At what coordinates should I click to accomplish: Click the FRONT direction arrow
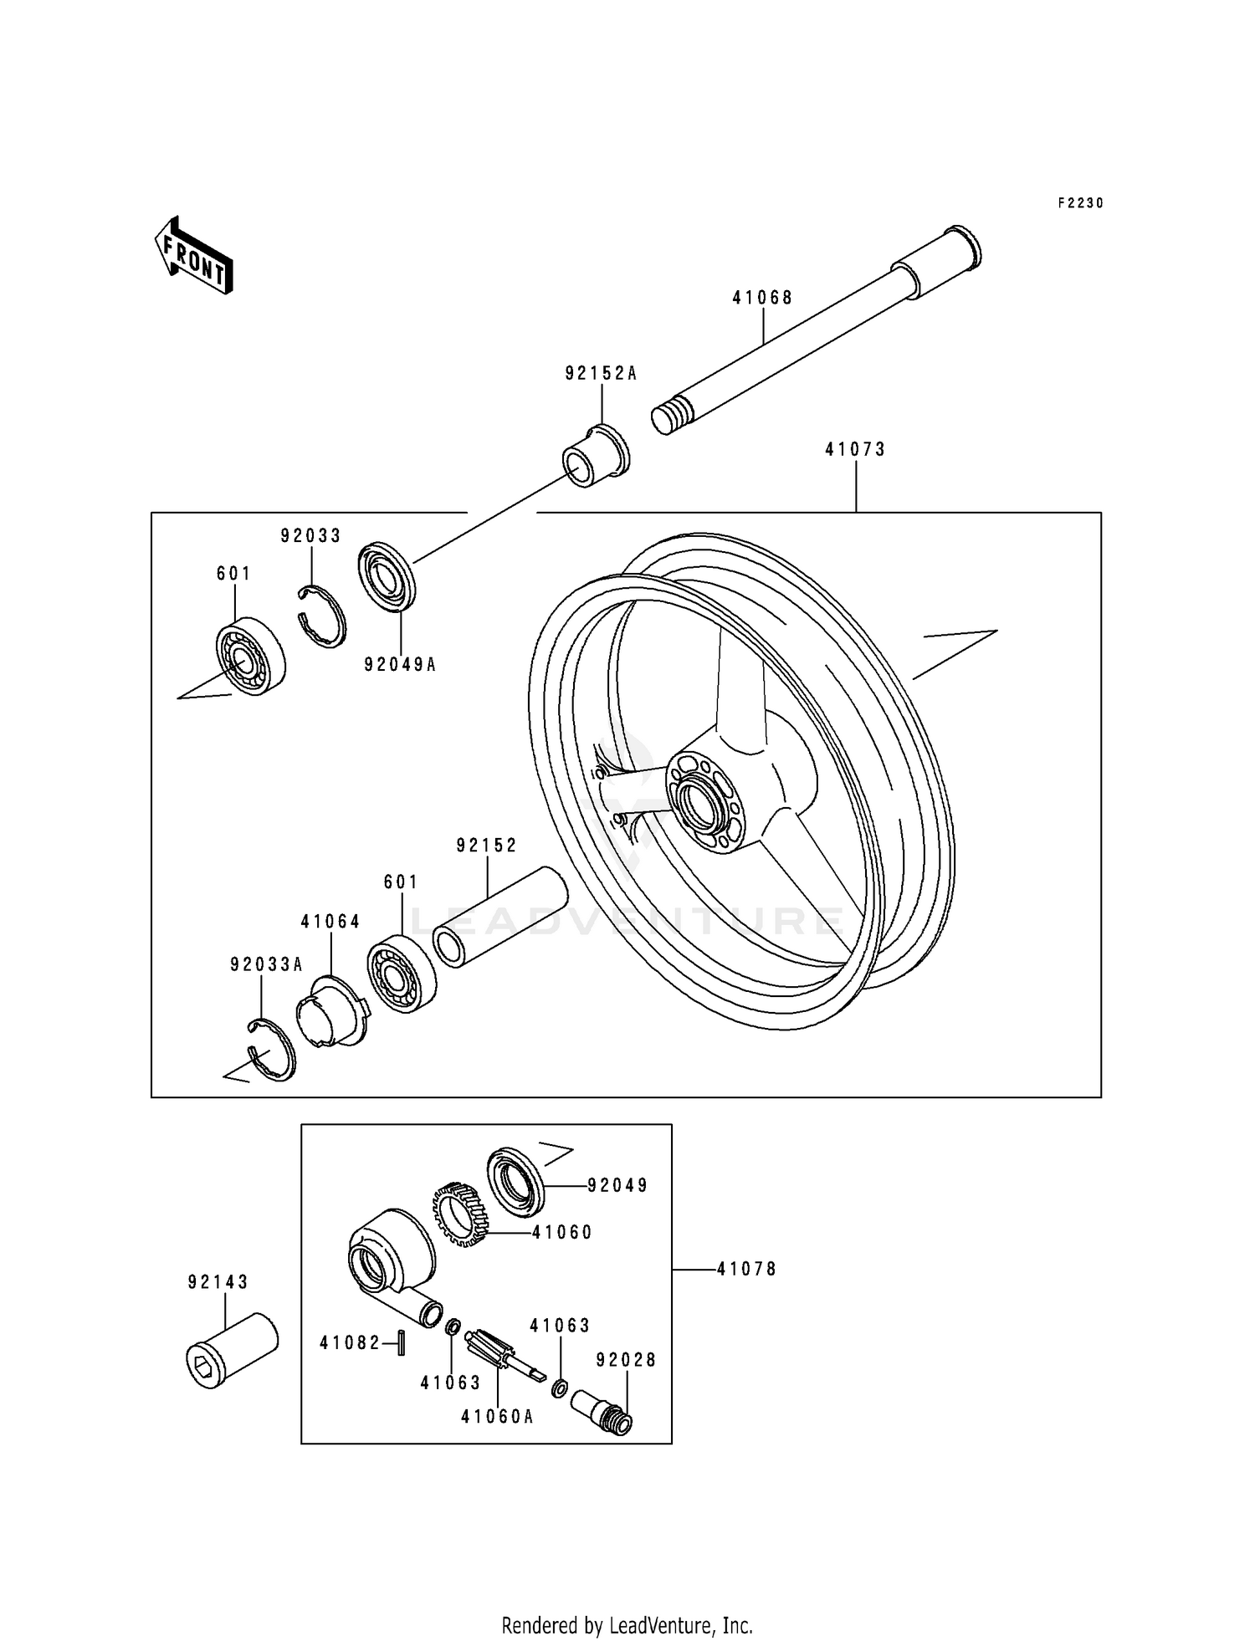[x=193, y=255]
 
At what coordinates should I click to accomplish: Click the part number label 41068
[x=762, y=297]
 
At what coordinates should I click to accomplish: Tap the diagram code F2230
[x=1080, y=203]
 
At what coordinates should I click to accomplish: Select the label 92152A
[x=601, y=374]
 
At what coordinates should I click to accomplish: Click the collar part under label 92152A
[x=595, y=457]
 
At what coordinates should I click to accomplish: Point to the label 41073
[x=855, y=449]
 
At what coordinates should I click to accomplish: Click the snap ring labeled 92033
[x=323, y=616]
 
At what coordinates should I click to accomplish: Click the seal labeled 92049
[x=515, y=1180]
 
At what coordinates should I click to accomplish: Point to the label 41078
[x=746, y=1269]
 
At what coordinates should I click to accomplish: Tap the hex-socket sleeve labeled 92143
[x=231, y=1351]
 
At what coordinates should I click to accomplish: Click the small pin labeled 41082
[x=402, y=1342]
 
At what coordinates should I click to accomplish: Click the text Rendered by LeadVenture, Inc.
[x=627, y=1625]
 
